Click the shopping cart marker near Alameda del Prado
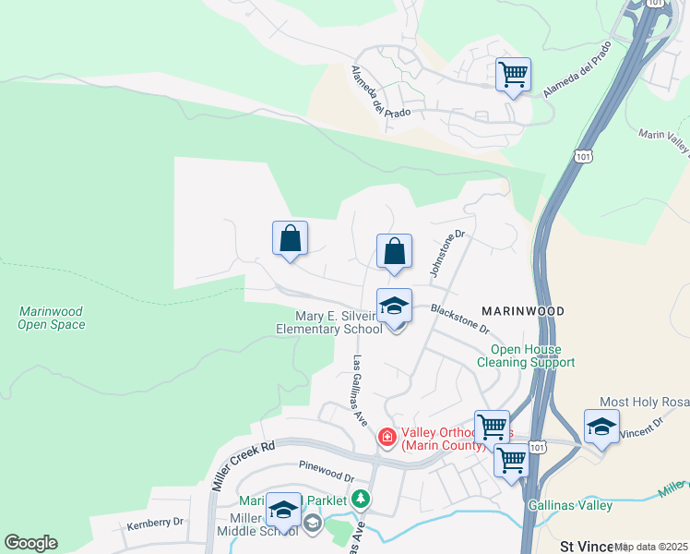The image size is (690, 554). (x=513, y=74)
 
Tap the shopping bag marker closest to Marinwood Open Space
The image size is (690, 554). (x=290, y=239)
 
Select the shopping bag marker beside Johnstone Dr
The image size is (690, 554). (x=394, y=251)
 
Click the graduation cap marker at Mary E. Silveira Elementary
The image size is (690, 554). (x=394, y=307)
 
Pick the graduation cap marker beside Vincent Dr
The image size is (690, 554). (x=601, y=428)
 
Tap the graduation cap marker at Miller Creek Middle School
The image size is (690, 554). (x=283, y=512)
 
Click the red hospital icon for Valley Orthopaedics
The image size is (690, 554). (x=387, y=437)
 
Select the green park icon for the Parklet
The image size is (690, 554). (x=361, y=500)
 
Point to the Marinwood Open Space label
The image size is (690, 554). (x=52, y=318)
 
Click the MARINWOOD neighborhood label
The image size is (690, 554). (x=523, y=311)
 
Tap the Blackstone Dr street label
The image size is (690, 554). (x=458, y=320)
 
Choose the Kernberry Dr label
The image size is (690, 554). (x=154, y=522)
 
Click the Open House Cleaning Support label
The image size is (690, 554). (x=526, y=355)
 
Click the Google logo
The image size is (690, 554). (x=30, y=542)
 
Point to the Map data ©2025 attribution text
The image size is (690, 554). (x=651, y=547)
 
